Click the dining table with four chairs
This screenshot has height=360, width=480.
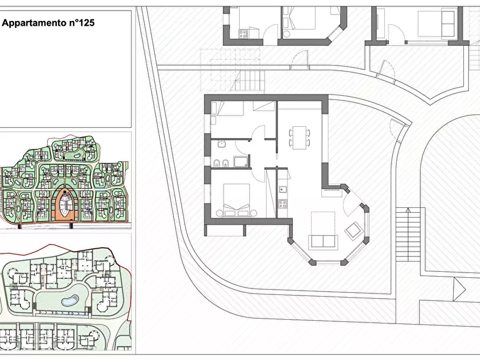pyautogui.click(x=299, y=138)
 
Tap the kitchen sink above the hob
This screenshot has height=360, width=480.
pyautogui.click(x=282, y=190)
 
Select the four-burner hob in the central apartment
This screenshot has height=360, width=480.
pyautogui.click(x=282, y=204)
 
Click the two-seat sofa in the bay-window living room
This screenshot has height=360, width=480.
pyautogui.click(x=323, y=241)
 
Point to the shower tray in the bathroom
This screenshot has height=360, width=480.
pyautogui.click(x=242, y=162)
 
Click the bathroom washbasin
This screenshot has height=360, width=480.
pyautogui.click(x=221, y=143)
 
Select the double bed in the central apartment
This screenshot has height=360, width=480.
pyautogui.click(x=237, y=200)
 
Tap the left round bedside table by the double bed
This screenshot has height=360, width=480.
pyautogui.click(x=219, y=213)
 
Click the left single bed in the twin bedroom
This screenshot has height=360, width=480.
pyautogui.click(x=227, y=109)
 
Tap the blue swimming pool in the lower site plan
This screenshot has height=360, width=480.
pyautogui.click(x=70, y=300)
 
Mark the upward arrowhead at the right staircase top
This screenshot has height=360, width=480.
pyautogui.click(x=408, y=210)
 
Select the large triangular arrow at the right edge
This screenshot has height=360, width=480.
pyautogui.click(x=460, y=289)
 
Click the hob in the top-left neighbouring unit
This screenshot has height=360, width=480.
pyautogui.click(x=243, y=33)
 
